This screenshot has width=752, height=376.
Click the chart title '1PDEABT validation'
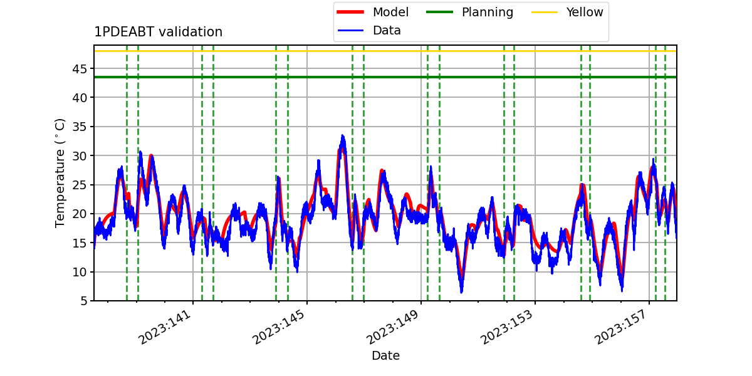pyautogui.click(x=158, y=32)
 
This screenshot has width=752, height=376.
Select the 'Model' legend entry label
pyautogui.click(x=390, y=13)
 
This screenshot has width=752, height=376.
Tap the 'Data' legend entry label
pyautogui.click(x=387, y=31)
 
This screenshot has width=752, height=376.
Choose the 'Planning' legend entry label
pyautogui.click(x=488, y=13)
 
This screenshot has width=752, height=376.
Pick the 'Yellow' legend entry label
pyautogui.click(x=585, y=13)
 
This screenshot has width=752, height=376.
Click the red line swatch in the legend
pyautogui.click(x=350, y=12)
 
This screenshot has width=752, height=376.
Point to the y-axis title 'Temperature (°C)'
pyautogui.click(x=60, y=173)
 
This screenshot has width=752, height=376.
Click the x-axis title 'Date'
pyautogui.click(x=386, y=355)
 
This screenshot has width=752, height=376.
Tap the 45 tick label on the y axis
pyautogui.click(x=80, y=69)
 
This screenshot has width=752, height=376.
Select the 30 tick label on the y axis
pyautogui.click(x=80, y=156)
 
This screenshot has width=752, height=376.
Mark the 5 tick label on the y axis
pyautogui.click(x=83, y=301)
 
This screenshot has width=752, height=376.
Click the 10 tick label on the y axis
pyautogui.click(x=80, y=272)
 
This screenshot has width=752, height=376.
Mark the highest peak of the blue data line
pyautogui.click(x=342, y=135)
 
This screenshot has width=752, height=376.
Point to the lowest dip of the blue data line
pyautogui.click(x=462, y=293)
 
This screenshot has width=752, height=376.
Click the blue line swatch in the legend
pyautogui.click(x=350, y=31)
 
